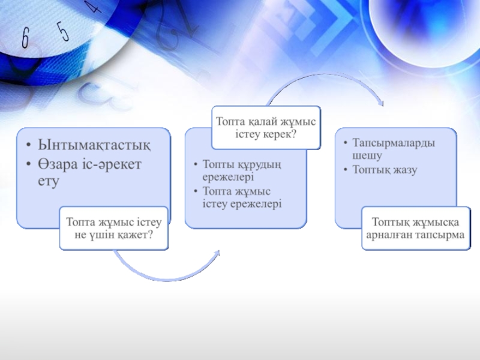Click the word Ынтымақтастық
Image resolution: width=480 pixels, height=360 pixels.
pyautogui.click(x=94, y=145)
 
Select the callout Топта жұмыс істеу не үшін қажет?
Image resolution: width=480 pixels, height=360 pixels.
pyautogui.click(x=113, y=228)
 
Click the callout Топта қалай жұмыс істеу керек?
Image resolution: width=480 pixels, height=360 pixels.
pyautogui.click(x=266, y=127)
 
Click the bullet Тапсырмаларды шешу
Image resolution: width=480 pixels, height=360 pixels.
pyautogui.click(x=394, y=149)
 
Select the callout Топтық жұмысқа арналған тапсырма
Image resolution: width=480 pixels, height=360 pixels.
pyautogui.click(x=416, y=228)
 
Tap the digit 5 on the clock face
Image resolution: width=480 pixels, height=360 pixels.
pyautogui.click(x=63, y=29)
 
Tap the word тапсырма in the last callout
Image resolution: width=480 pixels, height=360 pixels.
pyautogui.click(x=443, y=235)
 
